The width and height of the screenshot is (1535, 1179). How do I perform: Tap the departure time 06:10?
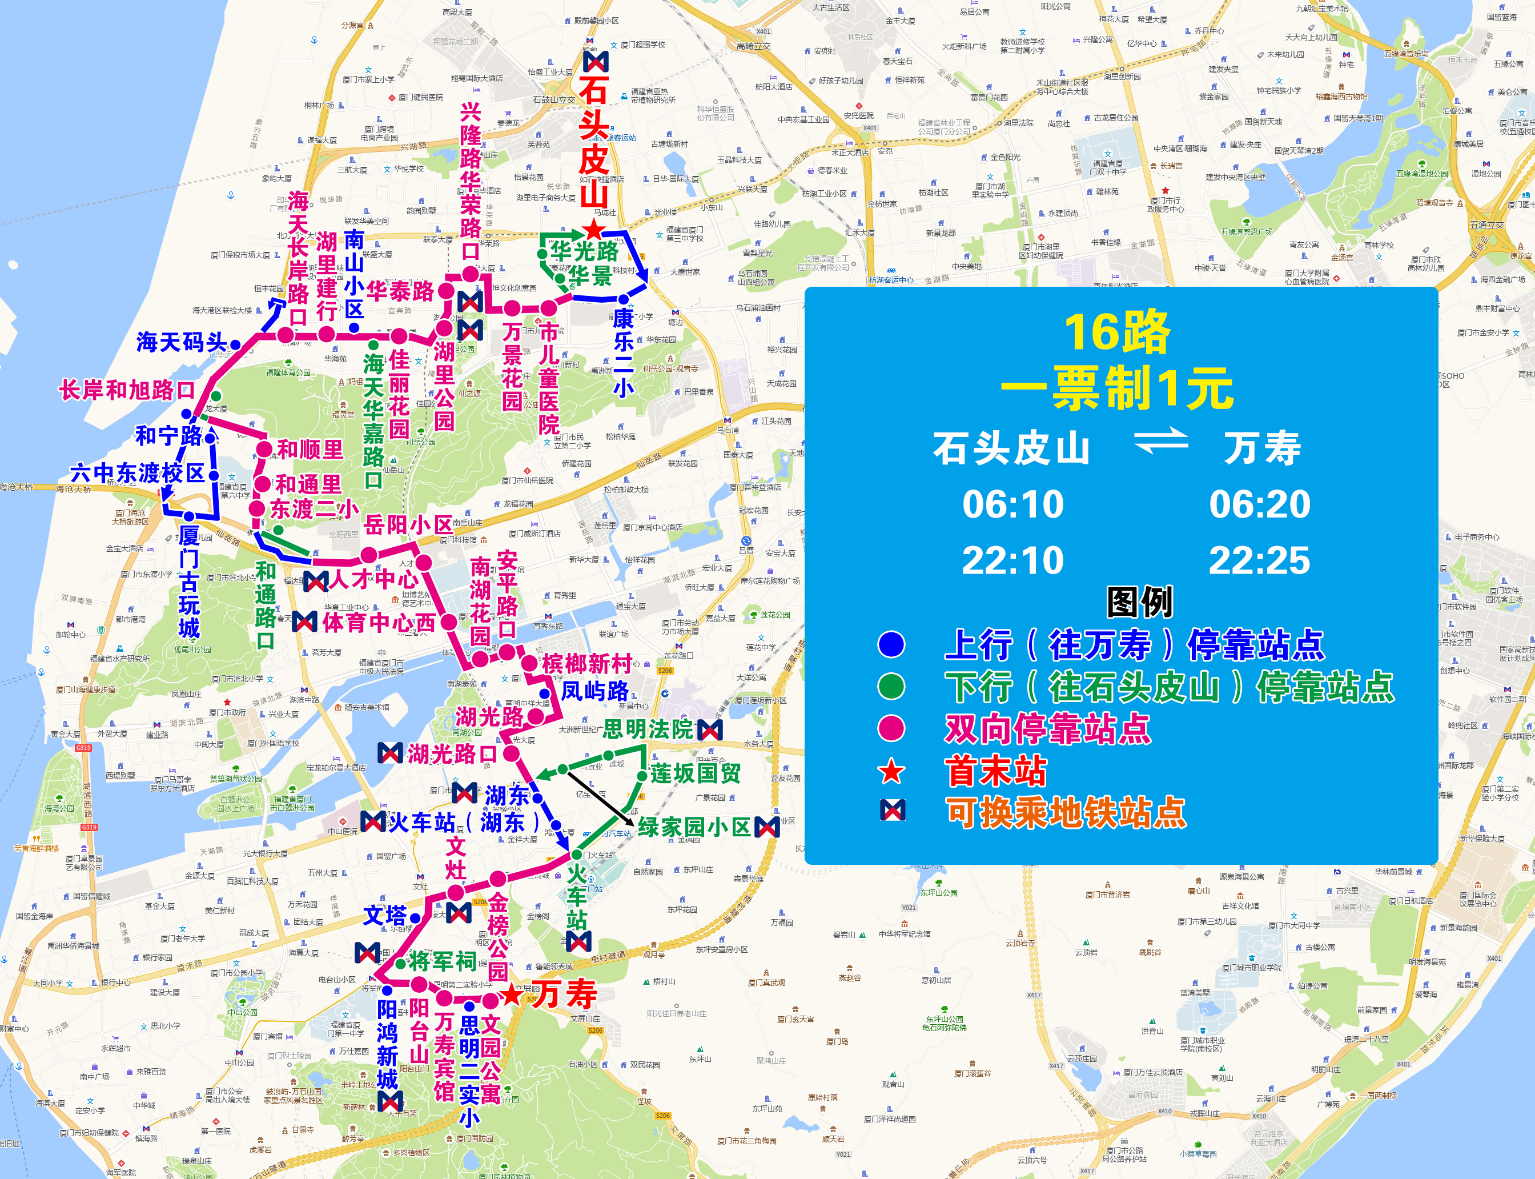1012,504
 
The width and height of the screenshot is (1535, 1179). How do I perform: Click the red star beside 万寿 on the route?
513,994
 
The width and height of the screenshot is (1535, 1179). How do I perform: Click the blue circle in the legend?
891,644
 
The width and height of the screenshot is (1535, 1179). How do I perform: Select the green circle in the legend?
891,687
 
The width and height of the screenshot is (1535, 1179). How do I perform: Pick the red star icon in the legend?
891,771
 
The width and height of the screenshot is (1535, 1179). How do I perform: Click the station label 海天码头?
182,343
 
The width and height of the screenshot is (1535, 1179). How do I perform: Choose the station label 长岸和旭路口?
127,390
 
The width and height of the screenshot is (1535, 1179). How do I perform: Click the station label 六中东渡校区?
138,473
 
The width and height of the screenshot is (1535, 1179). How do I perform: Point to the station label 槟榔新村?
586,663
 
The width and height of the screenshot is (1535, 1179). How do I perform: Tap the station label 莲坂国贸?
695,773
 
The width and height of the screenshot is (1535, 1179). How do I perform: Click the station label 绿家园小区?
694,827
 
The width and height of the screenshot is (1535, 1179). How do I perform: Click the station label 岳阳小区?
408,524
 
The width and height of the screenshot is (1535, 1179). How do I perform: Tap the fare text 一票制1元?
1116,388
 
